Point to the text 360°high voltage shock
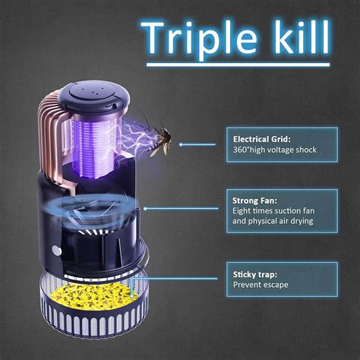tap(274, 150)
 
